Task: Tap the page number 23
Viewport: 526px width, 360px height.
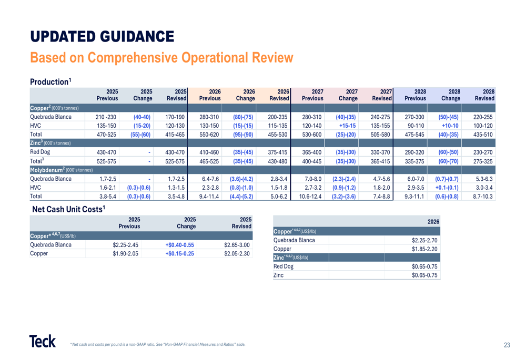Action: click(x=507, y=345)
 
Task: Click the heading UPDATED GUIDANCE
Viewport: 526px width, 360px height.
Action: click(x=102, y=36)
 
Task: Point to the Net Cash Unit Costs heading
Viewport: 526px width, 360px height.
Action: click(x=69, y=209)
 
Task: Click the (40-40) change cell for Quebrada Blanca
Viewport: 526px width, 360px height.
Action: click(x=142, y=117)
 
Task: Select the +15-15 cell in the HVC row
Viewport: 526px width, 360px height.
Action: click(x=348, y=126)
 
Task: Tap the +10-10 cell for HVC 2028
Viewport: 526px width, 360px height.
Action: click(x=450, y=126)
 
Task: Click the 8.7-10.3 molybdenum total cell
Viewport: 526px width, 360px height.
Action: click(x=482, y=197)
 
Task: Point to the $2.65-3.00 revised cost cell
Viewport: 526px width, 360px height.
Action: click(x=237, y=244)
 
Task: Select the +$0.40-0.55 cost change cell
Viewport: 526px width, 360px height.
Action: click(x=179, y=244)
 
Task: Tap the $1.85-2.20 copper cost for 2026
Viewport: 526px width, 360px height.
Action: click(x=425, y=249)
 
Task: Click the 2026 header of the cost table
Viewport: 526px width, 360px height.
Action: click(x=433, y=222)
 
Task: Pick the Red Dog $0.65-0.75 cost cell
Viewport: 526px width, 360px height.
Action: click(x=425, y=266)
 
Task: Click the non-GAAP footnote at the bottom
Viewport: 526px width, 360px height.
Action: click(x=158, y=345)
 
